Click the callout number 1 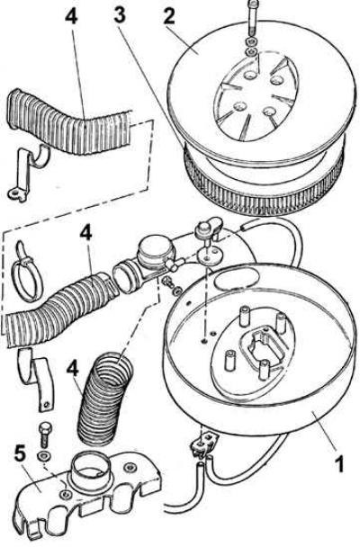(x=338, y=463)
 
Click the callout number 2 (x=169, y=15)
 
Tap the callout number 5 (x=20, y=456)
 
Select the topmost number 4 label (x=71, y=15)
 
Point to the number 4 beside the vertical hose (x=73, y=369)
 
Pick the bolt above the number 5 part (x=44, y=435)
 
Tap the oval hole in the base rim (x=238, y=280)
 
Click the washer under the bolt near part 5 (x=44, y=455)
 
